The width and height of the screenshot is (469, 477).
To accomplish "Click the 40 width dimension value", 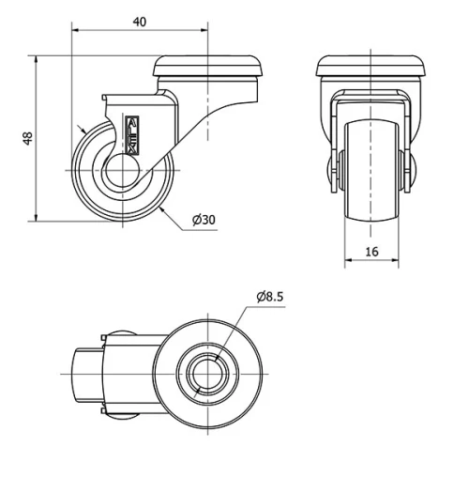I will point(139,20).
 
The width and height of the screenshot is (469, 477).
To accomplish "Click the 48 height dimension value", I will point(27,138).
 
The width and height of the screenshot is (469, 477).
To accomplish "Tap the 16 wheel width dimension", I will point(373,251).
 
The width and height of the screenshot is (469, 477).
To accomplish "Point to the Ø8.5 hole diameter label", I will point(269,297).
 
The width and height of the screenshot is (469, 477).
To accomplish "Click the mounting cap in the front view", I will point(372,67).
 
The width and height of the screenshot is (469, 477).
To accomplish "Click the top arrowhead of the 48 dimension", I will point(35,59).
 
